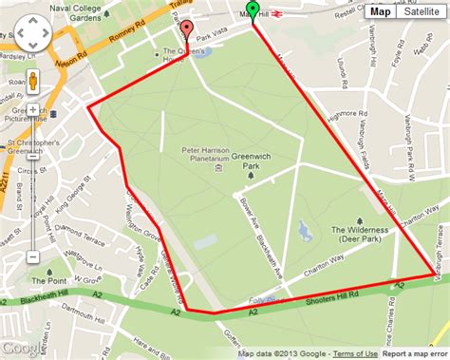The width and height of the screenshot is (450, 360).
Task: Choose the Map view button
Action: [x=380, y=11]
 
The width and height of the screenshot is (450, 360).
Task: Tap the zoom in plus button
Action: [x=33, y=110]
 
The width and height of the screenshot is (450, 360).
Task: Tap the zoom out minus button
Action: [x=33, y=256]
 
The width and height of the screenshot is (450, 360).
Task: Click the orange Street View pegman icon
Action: [x=33, y=81]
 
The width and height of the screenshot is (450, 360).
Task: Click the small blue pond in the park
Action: [x=303, y=230]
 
